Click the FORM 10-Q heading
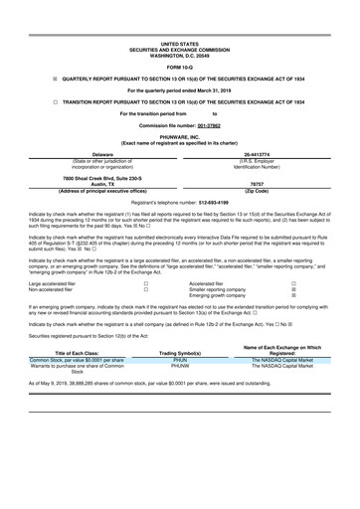179,39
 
